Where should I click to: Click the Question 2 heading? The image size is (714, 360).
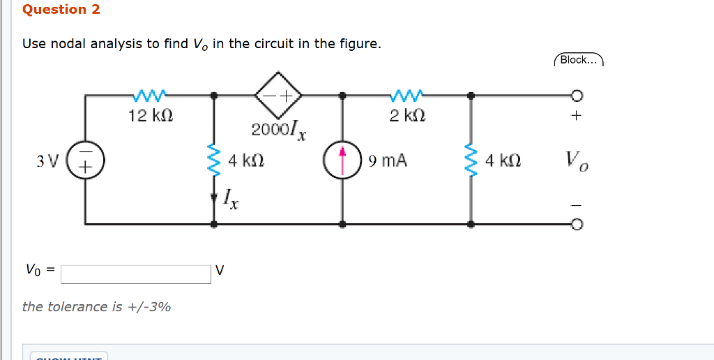[61, 10]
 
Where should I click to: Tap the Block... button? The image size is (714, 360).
[578, 60]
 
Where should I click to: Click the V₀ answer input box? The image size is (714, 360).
[135, 274]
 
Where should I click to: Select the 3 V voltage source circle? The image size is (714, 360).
[86, 162]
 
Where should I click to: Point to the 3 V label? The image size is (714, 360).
[47, 162]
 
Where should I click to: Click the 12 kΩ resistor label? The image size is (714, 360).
[151, 115]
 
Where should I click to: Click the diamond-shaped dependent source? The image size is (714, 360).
[278, 94]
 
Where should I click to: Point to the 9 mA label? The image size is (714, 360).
[388, 162]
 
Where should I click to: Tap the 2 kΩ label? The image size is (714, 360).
[407, 115]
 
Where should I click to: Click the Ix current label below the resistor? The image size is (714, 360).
[231, 200]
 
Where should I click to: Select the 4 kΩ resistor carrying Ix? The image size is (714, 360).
[214, 161]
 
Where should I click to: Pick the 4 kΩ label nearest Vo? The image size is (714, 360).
[503, 161]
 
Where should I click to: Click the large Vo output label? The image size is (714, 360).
[577, 161]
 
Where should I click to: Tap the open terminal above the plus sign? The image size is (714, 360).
[577, 95]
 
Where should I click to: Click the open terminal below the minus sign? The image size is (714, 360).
[577, 225]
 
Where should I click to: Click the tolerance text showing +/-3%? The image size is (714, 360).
[97, 307]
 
